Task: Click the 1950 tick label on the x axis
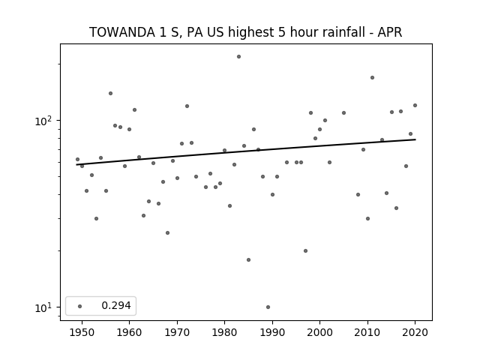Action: click(x=82, y=332)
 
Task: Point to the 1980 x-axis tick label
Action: click(x=225, y=332)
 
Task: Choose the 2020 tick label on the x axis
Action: click(x=415, y=332)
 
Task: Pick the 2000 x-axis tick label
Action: click(x=320, y=332)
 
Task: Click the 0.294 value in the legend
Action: click(x=116, y=305)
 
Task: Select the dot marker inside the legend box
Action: click(x=80, y=306)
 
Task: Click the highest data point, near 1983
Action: click(x=238, y=57)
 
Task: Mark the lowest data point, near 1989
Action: click(x=268, y=307)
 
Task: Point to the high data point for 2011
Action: click(x=372, y=78)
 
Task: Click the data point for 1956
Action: click(x=110, y=93)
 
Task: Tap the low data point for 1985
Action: click(x=248, y=260)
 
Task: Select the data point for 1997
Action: click(x=305, y=251)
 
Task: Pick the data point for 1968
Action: click(x=167, y=233)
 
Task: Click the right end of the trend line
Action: click(x=415, y=139)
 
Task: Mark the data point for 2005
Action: click(x=343, y=113)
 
